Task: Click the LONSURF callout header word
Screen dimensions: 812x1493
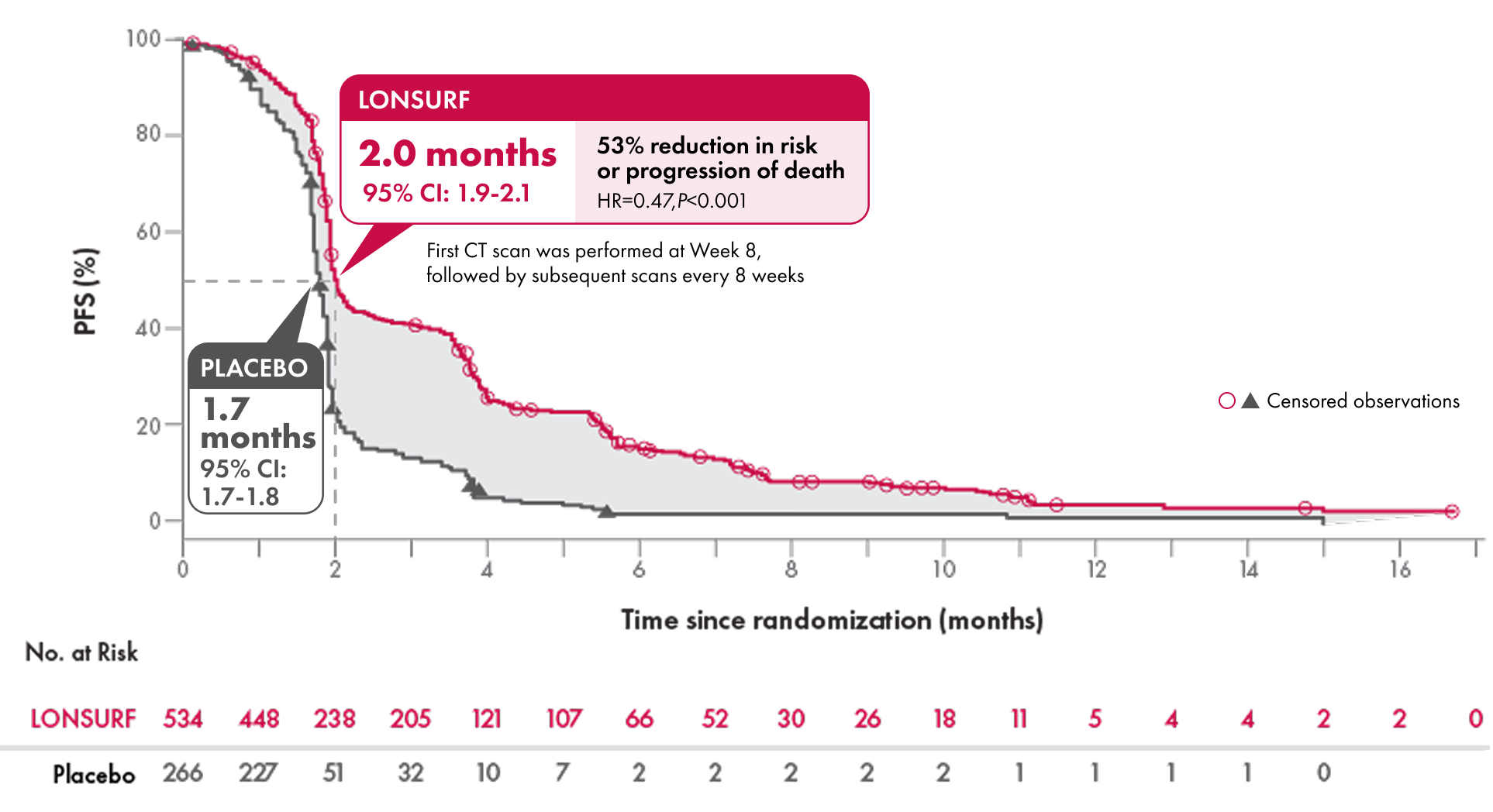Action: pyautogui.click(x=414, y=100)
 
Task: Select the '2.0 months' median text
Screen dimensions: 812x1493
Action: pyautogui.click(x=457, y=153)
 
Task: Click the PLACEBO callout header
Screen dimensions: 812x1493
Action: pyautogui.click(x=254, y=368)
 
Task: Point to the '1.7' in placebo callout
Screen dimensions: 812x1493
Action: pyautogui.click(x=226, y=409)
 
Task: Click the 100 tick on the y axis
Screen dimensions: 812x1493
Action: pyautogui.click(x=143, y=39)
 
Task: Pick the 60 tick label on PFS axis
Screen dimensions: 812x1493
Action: pyautogui.click(x=148, y=232)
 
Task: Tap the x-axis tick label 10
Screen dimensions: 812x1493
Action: pyautogui.click(x=943, y=570)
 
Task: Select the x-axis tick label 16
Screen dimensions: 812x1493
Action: pyautogui.click(x=1400, y=570)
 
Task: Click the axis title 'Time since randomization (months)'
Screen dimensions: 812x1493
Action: pyautogui.click(x=832, y=620)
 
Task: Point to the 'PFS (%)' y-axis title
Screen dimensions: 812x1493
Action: pyautogui.click(x=85, y=291)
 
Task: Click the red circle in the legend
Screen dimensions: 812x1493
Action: pyautogui.click(x=1226, y=401)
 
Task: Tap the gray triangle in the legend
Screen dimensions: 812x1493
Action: pyautogui.click(x=1250, y=401)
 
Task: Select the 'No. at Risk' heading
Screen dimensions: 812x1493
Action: pyautogui.click(x=81, y=652)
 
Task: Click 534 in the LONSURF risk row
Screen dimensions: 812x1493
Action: pyautogui.click(x=183, y=719)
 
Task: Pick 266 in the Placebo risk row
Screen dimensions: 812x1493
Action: pyautogui.click(x=183, y=772)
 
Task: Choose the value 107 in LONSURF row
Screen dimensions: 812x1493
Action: pyautogui.click(x=564, y=719)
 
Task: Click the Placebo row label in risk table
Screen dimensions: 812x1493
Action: pyautogui.click(x=94, y=774)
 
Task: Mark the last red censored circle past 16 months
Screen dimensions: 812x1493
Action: pyautogui.click(x=1452, y=511)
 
